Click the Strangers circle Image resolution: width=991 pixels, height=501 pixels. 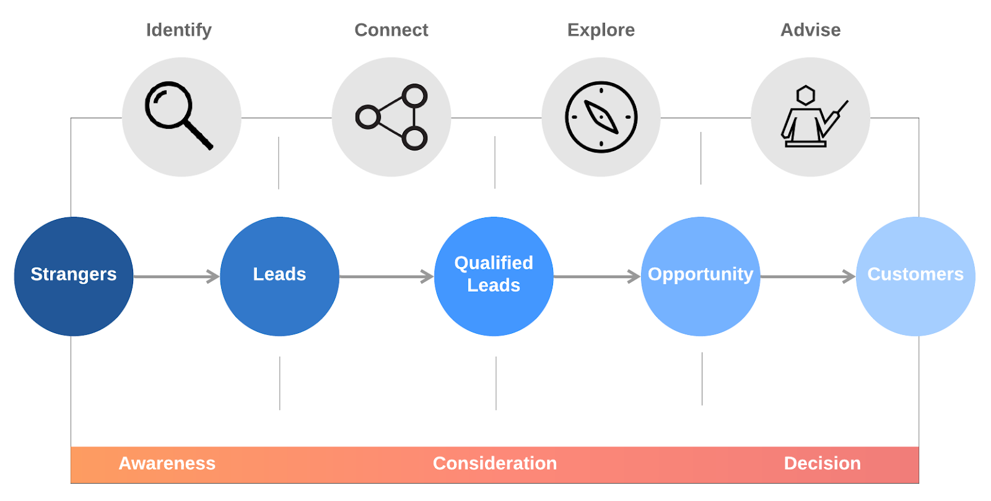[x=74, y=276]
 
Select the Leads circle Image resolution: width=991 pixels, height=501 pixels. [x=279, y=276]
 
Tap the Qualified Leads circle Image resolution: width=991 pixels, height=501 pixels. [x=494, y=276]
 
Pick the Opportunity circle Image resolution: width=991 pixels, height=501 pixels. [x=701, y=276]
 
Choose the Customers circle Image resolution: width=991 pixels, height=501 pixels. [x=915, y=276]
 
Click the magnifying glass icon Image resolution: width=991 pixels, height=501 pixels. [x=178, y=116]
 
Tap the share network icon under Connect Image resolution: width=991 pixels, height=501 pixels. [x=392, y=117]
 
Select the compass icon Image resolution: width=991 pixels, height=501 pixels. [x=601, y=117]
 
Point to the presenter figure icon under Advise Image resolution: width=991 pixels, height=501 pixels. [x=811, y=117]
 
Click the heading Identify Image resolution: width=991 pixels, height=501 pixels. [x=178, y=30]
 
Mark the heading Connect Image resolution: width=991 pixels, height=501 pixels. [x=391, y=30]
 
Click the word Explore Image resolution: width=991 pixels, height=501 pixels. [x=601, y=30]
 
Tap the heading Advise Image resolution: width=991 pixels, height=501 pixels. [x=810, y=30]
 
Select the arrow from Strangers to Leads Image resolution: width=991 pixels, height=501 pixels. [x=177, y=276]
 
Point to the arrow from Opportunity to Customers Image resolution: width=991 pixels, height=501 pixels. [x=808, y=276]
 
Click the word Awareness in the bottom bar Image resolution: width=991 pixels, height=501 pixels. [x=167, y=463]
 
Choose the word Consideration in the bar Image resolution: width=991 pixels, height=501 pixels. [x=494, y=463]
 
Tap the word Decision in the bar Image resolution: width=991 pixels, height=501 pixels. [x=822, y=463]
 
